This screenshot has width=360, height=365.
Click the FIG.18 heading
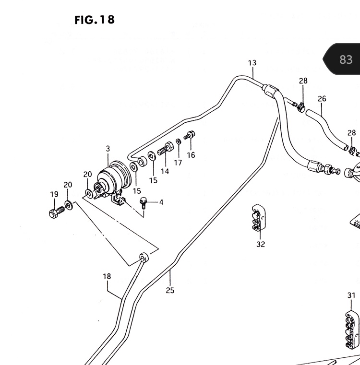coord(95,20)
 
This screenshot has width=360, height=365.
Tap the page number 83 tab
coord(343,59)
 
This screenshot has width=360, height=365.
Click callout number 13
coord(252,63)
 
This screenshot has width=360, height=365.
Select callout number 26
coord(322,99)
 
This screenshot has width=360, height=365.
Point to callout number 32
coord(261,244)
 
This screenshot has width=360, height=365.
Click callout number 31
coord(351,295)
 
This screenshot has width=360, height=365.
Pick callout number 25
coord(170,290)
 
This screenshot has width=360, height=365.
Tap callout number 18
coord(107,276)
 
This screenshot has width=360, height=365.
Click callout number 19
coord(54,194)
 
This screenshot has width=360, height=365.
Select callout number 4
coord(161,202)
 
